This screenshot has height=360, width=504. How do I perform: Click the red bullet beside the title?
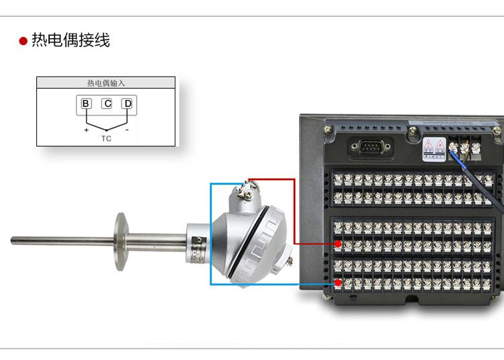pos(23,42)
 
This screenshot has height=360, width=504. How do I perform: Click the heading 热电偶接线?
pos(71,41)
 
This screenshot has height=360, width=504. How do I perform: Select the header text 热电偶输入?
pos(106,83)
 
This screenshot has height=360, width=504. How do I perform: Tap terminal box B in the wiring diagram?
pos(86,103)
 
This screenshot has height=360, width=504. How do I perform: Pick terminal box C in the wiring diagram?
pos(107,103)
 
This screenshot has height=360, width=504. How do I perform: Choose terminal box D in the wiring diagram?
pos(127,103)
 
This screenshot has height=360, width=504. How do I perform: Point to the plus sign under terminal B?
pos(86,130)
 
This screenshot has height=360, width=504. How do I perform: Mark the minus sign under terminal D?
pos(126,130)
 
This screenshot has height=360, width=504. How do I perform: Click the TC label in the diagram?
pos(106,138)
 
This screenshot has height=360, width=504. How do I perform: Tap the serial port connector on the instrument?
pos(367,147)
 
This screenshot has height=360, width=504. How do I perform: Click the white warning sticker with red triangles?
pos(433,149)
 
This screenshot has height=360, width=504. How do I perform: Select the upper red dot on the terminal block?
pos(338,243)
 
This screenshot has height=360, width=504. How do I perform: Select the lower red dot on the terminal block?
pos(338,283)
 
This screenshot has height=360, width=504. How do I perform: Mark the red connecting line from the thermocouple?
pos(294,208)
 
